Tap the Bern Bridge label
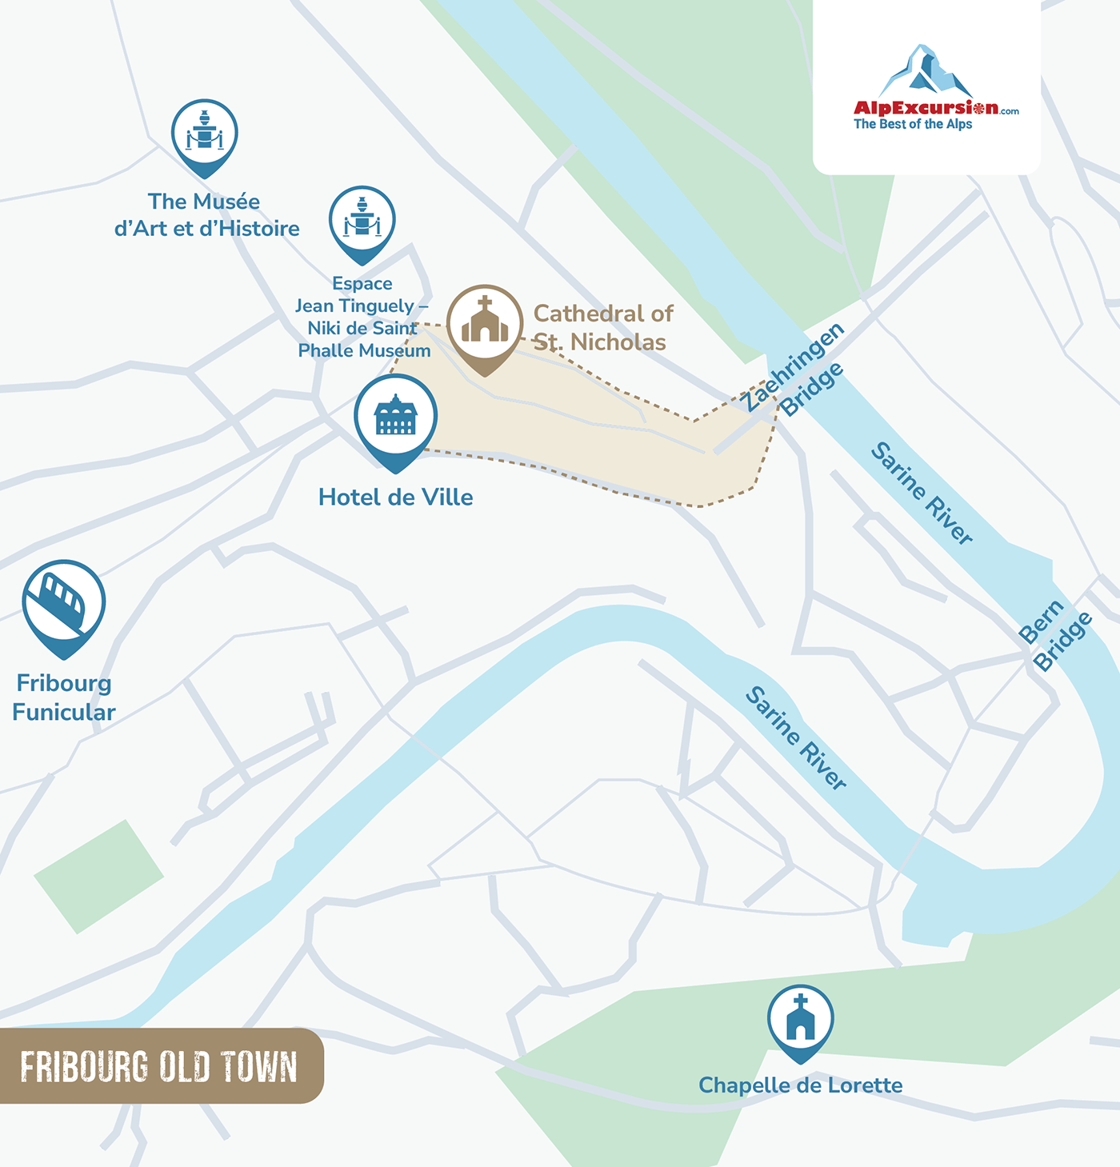coord(1055,634)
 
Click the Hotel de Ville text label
coord(395,498)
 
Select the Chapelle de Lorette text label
coord(800,1085)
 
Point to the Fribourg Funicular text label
coord(64,697)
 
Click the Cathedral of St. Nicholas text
coord(602,328)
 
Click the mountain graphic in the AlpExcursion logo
coord(926,72)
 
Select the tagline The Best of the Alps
coord(913,125)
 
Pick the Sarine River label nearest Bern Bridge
coord(922,494)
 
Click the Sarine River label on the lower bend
coord(796,737)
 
